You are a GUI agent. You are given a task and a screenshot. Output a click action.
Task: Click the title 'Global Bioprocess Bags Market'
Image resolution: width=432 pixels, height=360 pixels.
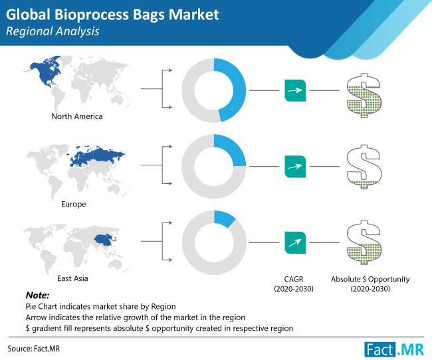tap(112, 15)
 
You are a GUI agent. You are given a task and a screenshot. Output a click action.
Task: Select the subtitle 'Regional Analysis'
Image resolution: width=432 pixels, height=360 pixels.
tap(53, 31)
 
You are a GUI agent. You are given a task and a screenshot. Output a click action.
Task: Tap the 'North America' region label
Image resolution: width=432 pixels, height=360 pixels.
tap(77, 116)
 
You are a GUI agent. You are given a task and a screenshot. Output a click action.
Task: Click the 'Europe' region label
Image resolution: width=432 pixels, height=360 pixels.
tap(74, 204)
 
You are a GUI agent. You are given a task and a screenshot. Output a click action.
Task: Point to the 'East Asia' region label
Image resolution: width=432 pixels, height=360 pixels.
tap(72, 278)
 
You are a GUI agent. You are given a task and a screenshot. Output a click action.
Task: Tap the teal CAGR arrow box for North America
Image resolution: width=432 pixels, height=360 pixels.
tap(295, 90)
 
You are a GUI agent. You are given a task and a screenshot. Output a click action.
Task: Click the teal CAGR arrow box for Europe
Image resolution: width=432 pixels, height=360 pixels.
tap(295, 167)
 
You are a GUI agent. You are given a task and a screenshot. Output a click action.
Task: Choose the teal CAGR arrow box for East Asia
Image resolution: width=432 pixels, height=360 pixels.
tap(295, 242)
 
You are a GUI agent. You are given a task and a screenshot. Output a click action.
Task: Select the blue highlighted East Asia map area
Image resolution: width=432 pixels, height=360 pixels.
tap(104, 239)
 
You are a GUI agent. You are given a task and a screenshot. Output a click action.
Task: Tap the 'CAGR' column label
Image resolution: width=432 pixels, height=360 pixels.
tap(294, 279)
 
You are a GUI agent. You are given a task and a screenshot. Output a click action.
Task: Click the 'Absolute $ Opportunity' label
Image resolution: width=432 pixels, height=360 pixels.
tap(370, 279)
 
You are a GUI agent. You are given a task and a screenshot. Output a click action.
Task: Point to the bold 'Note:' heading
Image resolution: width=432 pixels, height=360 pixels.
tap(37, 296)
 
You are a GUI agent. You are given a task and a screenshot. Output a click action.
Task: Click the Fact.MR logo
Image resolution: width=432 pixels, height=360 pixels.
tap(394, 349)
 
